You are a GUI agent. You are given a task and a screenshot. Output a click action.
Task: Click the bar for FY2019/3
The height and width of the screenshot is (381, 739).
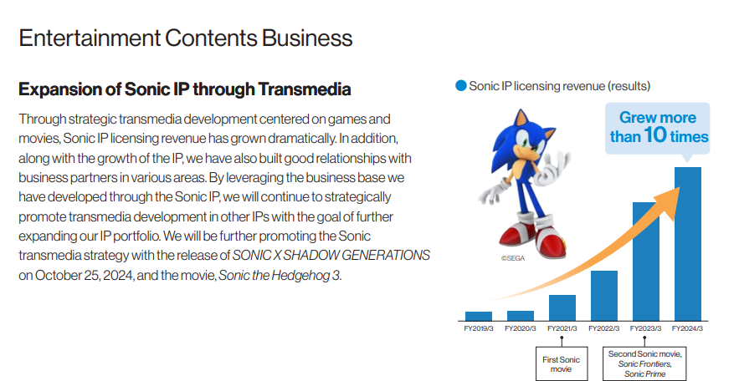pyautogui.click(x=479, y=316)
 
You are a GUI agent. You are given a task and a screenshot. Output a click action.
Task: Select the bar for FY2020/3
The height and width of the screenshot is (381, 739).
pyautogui.click(x=521, y=316)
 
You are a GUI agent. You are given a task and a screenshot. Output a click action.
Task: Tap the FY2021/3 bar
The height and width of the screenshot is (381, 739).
pyautogui.click(x=562, y=308)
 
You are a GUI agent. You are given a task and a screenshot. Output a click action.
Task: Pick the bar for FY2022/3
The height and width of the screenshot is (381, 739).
pyautogui.click(x=604, y=296)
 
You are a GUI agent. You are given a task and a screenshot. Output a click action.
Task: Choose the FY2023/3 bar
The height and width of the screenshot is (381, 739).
pyautogui.click(x=645, y=262)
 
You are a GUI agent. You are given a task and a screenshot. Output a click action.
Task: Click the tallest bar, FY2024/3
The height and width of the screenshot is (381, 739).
pyautogui.click(x=688, y=244)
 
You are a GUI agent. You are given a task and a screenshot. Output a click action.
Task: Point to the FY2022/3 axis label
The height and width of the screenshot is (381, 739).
pyautogui.click(x=603, y=328)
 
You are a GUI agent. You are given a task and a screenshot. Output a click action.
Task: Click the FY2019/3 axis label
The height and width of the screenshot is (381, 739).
pyautogui.click(x=479, y=328)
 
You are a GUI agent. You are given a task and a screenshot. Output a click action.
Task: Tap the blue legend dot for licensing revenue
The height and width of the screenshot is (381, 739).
pyautogui.click(x=461, y=85)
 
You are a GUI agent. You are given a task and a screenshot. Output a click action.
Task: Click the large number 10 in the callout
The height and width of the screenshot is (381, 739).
pyautogui.click(x=655, y=135)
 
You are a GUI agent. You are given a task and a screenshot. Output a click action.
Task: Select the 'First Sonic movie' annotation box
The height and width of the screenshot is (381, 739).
pyautogui.click(x=562, y=364)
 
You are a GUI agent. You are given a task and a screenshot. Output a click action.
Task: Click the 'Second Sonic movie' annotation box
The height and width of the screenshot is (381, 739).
pyautogui.click(x=644, y=363)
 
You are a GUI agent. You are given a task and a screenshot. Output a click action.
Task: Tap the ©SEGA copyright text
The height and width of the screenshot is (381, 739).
pyautogui.click(x=513, y=258)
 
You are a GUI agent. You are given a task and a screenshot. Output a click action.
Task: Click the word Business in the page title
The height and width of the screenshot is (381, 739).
pyautogui.click(x=307, y=38)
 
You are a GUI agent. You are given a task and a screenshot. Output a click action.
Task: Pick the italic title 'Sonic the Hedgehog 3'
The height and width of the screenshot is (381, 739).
pyautogui.click(x=279, y=275)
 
